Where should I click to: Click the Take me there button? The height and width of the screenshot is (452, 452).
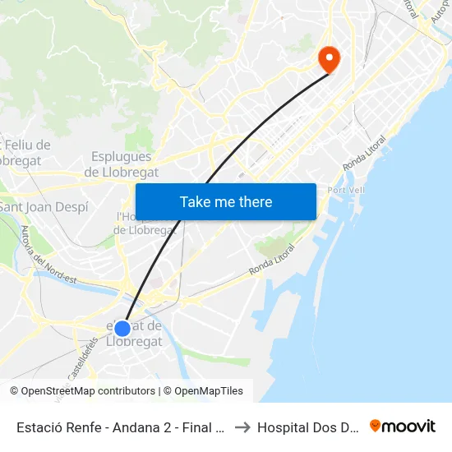coord(226,202)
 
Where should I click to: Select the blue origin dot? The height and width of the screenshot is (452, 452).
coord(122,329)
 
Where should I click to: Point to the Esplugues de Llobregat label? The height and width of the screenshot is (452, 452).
coord(122,164)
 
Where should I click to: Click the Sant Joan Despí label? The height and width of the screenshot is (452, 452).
coord(44,207)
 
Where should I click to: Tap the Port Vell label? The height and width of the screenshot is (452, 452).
coord(346,190)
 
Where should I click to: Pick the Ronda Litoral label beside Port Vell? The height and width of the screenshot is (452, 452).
coord(363,154)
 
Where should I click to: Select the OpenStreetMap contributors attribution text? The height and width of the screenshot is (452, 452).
coord(88,391)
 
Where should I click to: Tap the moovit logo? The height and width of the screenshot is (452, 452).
coord(403,427)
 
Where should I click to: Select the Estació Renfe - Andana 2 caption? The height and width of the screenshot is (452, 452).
coord(119,427)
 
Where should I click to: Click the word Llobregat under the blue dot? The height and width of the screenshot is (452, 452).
coord(134,342)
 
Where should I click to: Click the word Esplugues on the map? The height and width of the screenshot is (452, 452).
coord(122,156)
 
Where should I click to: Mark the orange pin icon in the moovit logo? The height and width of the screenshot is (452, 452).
coord(376,426)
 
